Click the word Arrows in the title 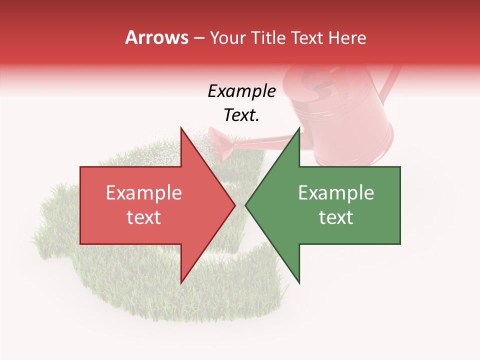point(156,37)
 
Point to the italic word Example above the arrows point(241,91)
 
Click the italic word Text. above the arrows point(241,115)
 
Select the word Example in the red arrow point(143,193)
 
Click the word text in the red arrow point(143,217)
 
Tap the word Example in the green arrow point(336,193)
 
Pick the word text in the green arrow point(336,217)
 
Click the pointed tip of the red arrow point(234,205)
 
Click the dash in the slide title point(198,38)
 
